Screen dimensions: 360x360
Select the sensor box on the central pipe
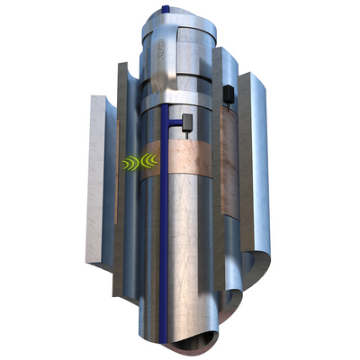click(189, 121)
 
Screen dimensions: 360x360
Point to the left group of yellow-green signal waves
click(128, 163)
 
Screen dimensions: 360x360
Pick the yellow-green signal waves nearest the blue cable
click(148, 163)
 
